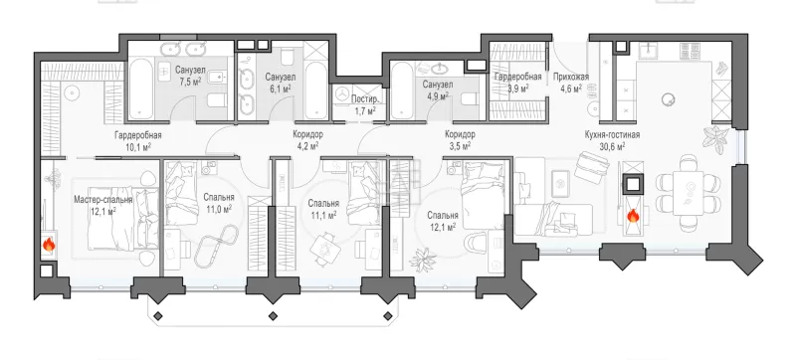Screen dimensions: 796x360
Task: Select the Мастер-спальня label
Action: point(103,200)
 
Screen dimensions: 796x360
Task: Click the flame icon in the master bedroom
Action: point(48,246)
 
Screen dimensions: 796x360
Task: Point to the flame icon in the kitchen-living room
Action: point(633,217)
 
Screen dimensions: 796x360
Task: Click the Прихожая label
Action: point(571,77)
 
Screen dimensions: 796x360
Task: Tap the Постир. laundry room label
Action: point(365,99)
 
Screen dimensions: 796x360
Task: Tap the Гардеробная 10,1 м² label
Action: point(137,135)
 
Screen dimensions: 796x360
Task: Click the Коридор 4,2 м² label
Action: point(307,135)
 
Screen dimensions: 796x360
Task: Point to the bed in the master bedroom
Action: point(123,220)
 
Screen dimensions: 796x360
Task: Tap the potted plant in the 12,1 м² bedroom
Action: point(422,260)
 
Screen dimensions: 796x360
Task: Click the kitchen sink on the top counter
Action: point(648,51)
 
